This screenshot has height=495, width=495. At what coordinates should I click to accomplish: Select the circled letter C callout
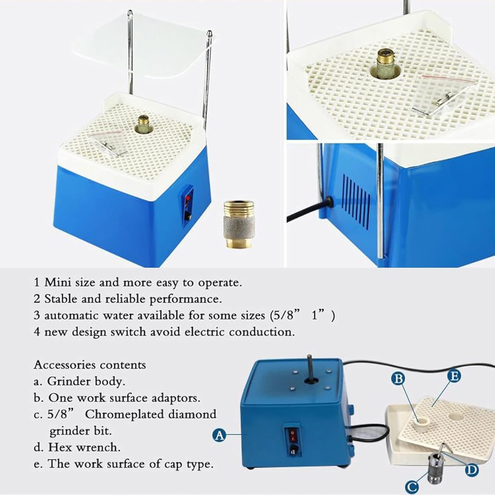coord(412,486)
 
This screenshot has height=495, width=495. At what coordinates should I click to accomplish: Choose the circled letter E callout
coord(454,376)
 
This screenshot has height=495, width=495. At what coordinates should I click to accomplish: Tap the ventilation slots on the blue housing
coord(356,201)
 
